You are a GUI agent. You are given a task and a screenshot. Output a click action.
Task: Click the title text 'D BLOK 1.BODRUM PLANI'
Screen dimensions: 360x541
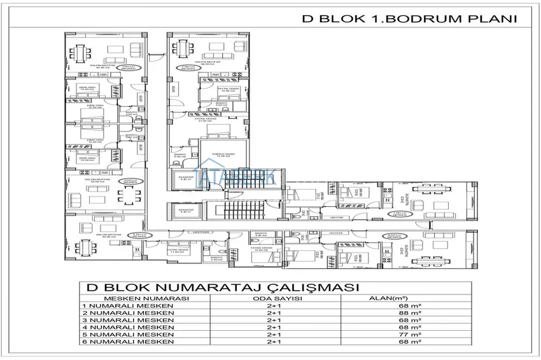point(408,19)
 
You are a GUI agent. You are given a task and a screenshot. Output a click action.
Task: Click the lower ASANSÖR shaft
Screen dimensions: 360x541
point(186,211)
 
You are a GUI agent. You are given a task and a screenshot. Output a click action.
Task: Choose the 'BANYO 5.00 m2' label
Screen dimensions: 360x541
point(180,156)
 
